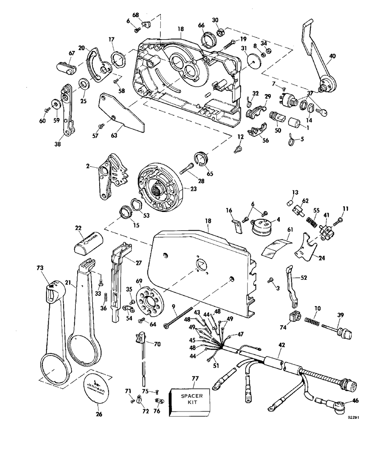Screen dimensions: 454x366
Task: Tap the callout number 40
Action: coord(332,56)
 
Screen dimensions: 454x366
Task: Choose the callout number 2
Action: coord(88,165)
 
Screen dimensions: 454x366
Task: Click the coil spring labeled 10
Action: coord(313,321)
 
